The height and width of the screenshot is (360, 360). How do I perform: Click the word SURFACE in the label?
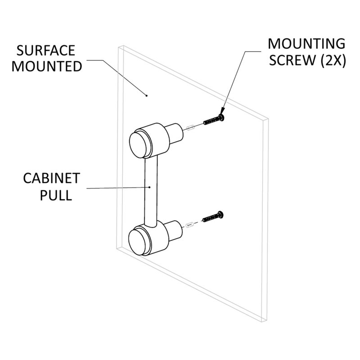tap(46, 50)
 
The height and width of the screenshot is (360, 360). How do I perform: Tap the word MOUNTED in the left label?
tap(47, 66)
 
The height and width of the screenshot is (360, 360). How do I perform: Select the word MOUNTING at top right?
tap(306, 44)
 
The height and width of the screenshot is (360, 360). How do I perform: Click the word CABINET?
tap(51, 178)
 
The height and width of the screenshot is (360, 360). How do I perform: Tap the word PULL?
tap(56, 195)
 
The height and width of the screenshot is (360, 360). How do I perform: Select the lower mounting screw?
tap(213, 216)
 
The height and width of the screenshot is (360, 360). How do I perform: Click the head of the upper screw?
tap(221, 117)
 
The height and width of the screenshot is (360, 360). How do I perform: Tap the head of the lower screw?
tap(221, 215)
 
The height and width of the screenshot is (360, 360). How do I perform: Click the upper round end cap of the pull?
tap(139, 144)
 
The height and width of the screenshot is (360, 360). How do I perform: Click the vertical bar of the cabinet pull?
tap(151, 190)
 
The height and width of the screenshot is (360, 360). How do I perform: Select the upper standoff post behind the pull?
tap(175, 133)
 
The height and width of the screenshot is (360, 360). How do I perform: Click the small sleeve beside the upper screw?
tap(190, 127)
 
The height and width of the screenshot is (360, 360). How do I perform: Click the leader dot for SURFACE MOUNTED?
tap(147, 95)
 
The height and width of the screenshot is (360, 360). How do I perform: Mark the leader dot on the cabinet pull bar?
tap(150, 187)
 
